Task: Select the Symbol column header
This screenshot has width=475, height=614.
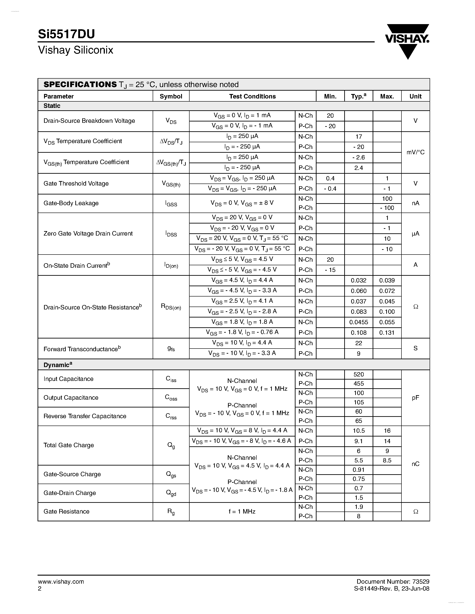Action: coord(171,96)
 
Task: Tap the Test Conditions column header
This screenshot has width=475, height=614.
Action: coord(252,96)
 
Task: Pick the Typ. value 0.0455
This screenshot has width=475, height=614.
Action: coord(359,322)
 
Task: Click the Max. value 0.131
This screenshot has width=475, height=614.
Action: coord(387,333)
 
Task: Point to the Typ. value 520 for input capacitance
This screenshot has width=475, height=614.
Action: coord(359,374)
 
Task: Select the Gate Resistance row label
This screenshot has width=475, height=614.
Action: coord(66,511)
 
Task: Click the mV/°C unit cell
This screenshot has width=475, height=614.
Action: coord(415,152)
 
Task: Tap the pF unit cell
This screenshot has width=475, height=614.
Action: coord(415,397)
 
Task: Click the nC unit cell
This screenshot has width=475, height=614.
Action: coord(415,464)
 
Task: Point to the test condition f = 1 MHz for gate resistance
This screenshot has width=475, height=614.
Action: coord(242,511)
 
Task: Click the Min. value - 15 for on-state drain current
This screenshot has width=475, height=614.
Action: coord(330,270)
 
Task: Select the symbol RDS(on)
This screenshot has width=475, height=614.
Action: coord(171,307)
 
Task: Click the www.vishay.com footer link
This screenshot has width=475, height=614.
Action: coord(61,582)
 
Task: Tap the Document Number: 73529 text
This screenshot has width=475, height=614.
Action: coord(393,582)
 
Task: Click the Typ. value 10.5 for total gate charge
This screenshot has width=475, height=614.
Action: coord(359,431)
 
